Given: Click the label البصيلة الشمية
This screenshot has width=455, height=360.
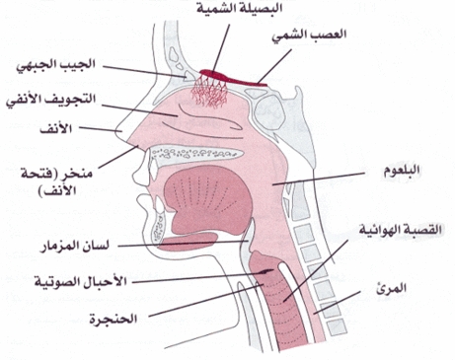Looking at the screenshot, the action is [x=240, y=8].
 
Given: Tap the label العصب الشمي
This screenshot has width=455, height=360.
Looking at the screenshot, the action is [x=309, y=36].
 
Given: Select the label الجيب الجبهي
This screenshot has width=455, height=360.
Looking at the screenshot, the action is [x=56, y=65].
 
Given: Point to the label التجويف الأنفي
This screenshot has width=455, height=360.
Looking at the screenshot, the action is [x=51, y=99].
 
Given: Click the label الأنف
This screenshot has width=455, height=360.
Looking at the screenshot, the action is [x=55, y=128].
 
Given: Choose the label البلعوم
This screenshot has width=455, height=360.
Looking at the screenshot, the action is [x=402, y=171].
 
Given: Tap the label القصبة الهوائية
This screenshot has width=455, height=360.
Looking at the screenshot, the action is [x=400, y=229].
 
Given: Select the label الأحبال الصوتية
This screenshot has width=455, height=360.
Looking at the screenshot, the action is [x=81, y=282].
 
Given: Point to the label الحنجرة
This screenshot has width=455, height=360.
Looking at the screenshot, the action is [x=114, y=319].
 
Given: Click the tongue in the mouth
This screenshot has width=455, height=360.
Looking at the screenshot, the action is [x=208, y=200].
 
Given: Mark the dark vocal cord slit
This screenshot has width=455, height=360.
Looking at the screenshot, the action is [x=265, y=271].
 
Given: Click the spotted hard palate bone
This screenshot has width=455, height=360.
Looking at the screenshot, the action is [x=196, y=153].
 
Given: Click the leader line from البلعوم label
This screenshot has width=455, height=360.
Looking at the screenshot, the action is [x=319, y=179].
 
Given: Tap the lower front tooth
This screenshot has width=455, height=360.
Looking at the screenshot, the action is [x=160, y=204].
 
